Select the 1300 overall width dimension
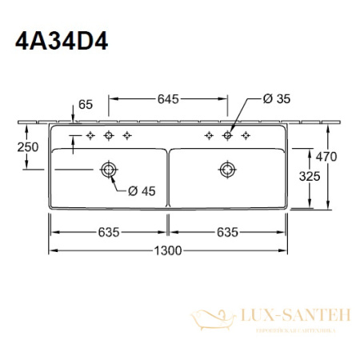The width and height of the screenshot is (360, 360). [166, 250]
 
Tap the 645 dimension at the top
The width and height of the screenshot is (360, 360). [166, 99]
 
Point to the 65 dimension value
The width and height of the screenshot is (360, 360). [86, 105]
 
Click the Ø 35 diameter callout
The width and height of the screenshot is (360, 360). [274, 99]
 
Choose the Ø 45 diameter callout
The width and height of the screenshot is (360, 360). [142, 190]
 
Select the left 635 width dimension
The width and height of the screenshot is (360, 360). [109, 232]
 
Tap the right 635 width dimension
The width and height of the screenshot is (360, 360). [227, 232]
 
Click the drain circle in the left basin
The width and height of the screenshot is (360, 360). [108, 169]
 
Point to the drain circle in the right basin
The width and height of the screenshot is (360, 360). [227, 169]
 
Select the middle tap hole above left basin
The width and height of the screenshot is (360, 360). [108, 135]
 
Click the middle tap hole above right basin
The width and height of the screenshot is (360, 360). [227, 135]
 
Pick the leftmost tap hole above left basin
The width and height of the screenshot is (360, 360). [90, 135]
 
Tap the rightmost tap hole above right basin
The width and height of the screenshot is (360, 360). [246, 135]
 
